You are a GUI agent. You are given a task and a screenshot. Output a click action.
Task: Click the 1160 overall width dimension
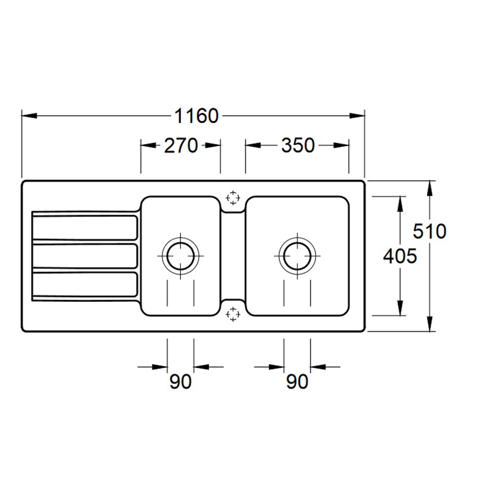pyautogui.click(x=196, y=116)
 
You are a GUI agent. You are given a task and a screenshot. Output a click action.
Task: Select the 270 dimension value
pyautogui.click(x=181, y=145)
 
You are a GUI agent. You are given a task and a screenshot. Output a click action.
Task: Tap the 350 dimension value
pyautogui.click(x=297, y=145)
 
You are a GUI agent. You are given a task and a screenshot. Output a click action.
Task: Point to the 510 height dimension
pyautogui.click(x=429, y=232)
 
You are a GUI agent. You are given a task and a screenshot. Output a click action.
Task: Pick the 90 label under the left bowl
pyautogui.click(x=180, y=382)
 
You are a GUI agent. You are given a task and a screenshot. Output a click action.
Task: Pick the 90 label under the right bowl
pyautogui.click(x=297, y=382)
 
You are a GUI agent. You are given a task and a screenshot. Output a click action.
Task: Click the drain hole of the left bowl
pyautogui.click(x=180, y=254)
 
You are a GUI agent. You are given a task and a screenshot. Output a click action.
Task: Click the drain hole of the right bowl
pyautogui.click(x=297, y=254)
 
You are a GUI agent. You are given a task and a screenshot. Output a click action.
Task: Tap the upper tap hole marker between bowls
pyautogui.click(x=232, y=197)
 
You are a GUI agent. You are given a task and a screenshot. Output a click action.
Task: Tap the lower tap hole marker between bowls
pyautogui.click(x=232, y=314)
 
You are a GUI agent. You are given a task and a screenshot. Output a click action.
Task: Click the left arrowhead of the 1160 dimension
pyautogui.click(x=28, y=116)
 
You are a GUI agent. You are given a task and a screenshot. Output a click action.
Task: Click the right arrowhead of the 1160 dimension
pyautogui.click(x=359, y=116)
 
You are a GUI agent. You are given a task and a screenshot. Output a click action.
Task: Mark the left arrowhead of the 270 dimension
pyautogui.click(x=147, y=145)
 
